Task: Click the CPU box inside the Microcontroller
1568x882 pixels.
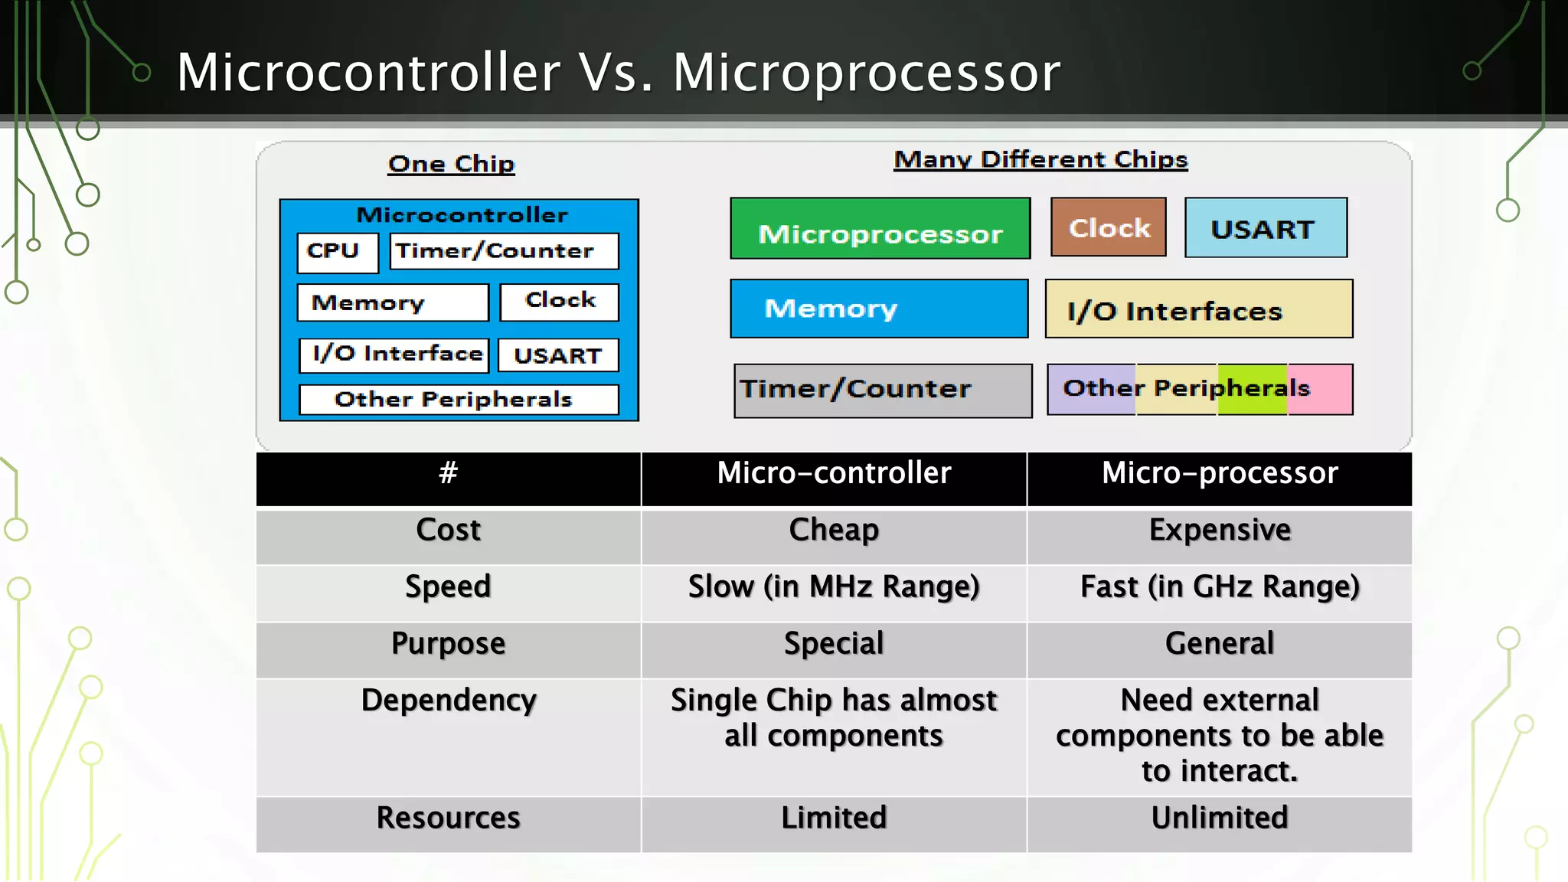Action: tap(337, 252)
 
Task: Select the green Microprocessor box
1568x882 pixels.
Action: tap(880, 229)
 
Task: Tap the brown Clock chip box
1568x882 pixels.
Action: tap(1108, 227)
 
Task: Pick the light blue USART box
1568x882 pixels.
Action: tap(1265, 228)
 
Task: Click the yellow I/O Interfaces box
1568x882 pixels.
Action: tap(1198, 309)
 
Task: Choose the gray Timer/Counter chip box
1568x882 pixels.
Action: tap(882, 390)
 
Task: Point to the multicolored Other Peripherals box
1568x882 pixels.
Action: tap(1199, 389)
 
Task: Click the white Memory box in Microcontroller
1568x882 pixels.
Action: tap(392, 303)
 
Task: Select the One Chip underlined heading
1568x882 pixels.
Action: tap(451, 164)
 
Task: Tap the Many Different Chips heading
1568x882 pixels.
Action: tap(1040, 159)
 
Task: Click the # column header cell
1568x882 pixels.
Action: tap(448, 479)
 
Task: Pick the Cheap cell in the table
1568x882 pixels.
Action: tap(834, 536)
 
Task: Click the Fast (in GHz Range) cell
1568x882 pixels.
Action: tap(1219, 593)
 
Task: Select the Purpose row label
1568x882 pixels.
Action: tap(448, 649)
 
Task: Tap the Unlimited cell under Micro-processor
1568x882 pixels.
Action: tap(1219, 824)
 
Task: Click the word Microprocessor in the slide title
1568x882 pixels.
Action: tap(866, 73)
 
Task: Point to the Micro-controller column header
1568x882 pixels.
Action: tap(834, 479)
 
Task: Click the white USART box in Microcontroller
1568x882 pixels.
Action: tap(558, 356)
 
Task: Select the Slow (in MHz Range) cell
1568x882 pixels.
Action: tap(834, 593)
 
